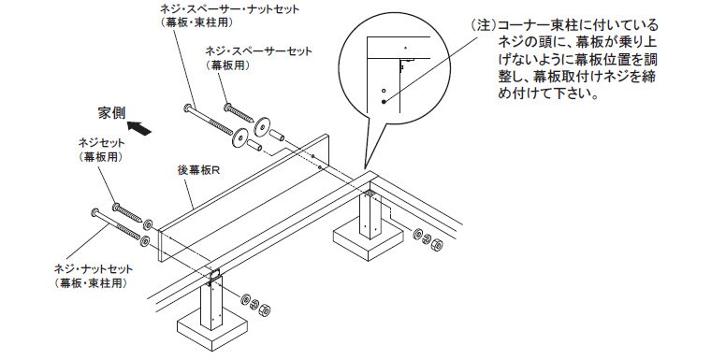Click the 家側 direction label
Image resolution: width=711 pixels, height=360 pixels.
pos(112,113)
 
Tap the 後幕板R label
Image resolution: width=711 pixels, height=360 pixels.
pos(198,170)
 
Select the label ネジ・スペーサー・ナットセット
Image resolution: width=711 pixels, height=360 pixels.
pos(230,9)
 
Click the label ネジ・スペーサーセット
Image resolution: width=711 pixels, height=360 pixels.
pos(258,50)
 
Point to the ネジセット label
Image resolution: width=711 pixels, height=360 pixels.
pos(102,143)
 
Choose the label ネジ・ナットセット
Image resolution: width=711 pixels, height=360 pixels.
pos(94,269)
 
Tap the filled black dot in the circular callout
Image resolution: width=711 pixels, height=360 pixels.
pos(384,102)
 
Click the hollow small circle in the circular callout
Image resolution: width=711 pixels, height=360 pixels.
pos(384,90)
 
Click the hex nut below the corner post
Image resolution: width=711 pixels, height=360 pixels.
pos(436,244)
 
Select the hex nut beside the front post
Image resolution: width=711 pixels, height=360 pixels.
pos(265,310)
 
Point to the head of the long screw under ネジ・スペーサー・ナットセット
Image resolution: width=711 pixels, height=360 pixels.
pos(189,108)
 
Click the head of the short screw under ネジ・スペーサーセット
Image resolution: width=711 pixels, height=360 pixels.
pos(229,108)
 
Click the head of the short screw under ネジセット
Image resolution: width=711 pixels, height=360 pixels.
pos(117,208)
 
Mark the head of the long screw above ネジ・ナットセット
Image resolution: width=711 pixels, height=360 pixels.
pos(95,212)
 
